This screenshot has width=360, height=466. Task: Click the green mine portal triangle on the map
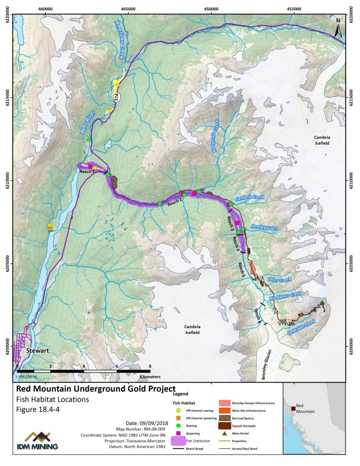coord(322,303)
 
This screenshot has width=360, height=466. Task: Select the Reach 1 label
coord(86,171)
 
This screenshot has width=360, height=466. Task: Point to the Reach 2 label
coord(175,201)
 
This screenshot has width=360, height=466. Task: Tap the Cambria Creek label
coord(249,198)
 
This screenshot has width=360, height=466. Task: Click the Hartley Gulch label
coord(262,228)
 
